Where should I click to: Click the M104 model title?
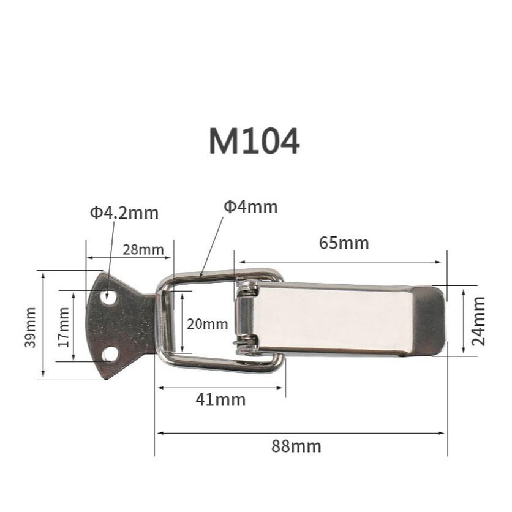point(254,141)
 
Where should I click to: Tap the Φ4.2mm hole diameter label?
point(124,213)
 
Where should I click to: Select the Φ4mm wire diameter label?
point(250,207)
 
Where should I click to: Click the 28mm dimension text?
point(143,249)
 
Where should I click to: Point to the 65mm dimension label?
point(344,243)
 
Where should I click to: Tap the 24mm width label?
point(479,321)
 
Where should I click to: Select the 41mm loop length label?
point(220,400)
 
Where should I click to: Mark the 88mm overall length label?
point(296,446)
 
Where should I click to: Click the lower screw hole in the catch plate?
point(110,354)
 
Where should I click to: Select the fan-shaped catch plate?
point(119,325)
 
